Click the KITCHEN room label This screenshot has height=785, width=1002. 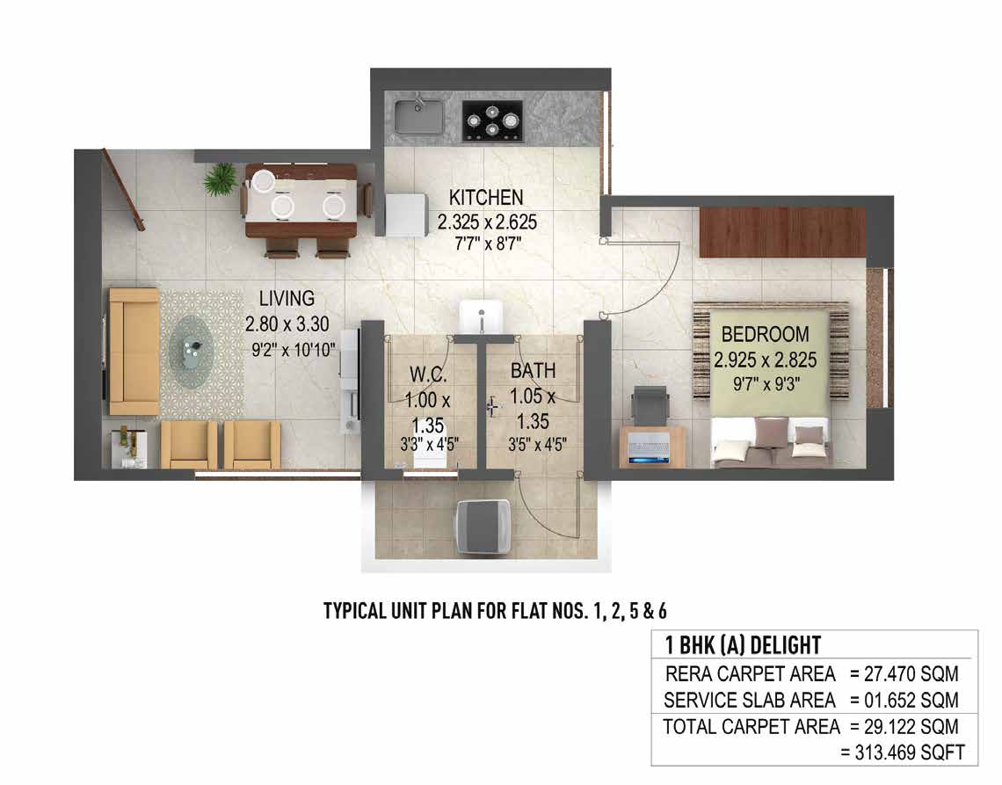[486, 197]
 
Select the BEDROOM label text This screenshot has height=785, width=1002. [765, 334]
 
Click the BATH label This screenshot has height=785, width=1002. [534, 371]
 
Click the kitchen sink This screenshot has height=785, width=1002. [418, 116]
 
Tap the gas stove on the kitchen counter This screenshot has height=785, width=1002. [493, 120]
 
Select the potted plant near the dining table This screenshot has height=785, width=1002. [220, 179]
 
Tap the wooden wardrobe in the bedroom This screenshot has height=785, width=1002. [782, 233]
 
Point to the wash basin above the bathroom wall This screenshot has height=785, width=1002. [481, 316]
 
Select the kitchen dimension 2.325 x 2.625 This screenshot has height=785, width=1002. [487, 222]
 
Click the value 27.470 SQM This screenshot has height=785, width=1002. [903, 675]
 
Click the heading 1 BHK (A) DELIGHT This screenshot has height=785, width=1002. [743, 645]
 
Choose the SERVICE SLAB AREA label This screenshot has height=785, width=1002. [750, 701]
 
